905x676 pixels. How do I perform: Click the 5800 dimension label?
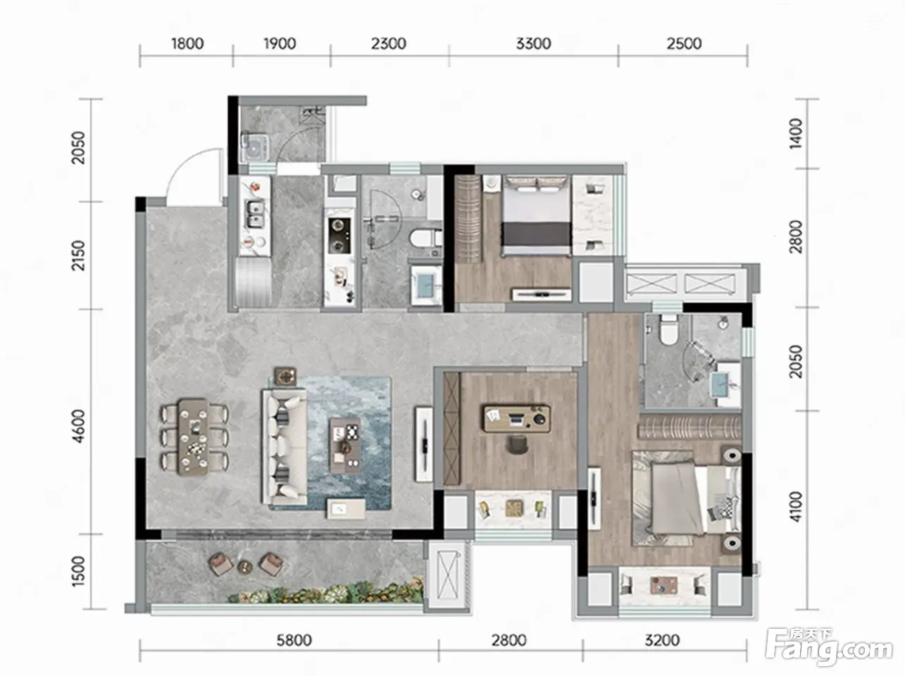tap(294, 640)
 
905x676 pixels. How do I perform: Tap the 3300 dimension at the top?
tap(534, 44)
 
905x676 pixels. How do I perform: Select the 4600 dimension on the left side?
tap(78, 426)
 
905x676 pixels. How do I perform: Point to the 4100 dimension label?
tap(795, 506)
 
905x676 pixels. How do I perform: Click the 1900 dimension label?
tap(280, 44)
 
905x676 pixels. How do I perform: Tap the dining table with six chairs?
tap(194, 437)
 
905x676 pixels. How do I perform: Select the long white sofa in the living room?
tap(284, 447)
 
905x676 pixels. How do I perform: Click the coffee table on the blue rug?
tap(345, 446)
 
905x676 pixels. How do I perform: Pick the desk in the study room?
tap(517, 419)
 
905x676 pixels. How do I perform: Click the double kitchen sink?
tap(255, 213)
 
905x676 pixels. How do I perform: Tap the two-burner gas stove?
tap(339, 236)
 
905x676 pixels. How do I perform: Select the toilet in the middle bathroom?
tap(425, 238)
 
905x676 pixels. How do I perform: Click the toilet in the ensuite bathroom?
tap(668, 330)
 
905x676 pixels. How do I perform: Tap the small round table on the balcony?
tap(245, 567)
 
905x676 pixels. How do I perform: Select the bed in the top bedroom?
tap(536, 215)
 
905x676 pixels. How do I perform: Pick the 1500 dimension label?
tap(78, 571)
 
